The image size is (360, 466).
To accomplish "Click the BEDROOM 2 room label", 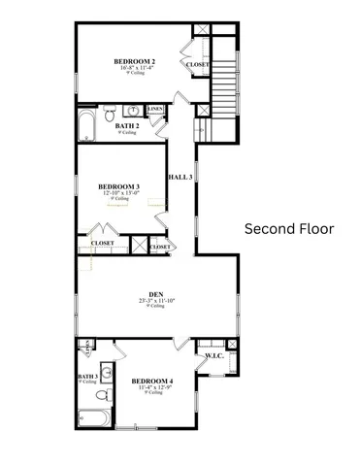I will (135, 61).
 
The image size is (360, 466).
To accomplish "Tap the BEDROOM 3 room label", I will (119, 186).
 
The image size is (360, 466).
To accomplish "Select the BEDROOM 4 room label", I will (152, 381).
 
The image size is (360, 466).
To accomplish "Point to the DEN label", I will (155, 295).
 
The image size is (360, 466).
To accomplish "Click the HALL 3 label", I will (180, 178).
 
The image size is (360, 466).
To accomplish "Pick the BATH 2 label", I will (127, 125).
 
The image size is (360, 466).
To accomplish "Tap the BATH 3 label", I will (88, 376).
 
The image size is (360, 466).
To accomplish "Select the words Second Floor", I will (288, 229).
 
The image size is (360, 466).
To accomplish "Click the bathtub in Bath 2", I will (85, 125).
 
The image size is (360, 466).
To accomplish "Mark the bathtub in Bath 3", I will (93, 419).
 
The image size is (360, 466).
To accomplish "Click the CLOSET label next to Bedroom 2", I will (198, 65).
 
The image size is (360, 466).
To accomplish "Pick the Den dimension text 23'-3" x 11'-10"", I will (155, 302).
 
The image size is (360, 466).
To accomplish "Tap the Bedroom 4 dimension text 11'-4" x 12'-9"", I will (152, 387).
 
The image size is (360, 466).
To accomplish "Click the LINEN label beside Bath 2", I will (155, 109).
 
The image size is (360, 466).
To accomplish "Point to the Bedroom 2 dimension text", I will (135, 68).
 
